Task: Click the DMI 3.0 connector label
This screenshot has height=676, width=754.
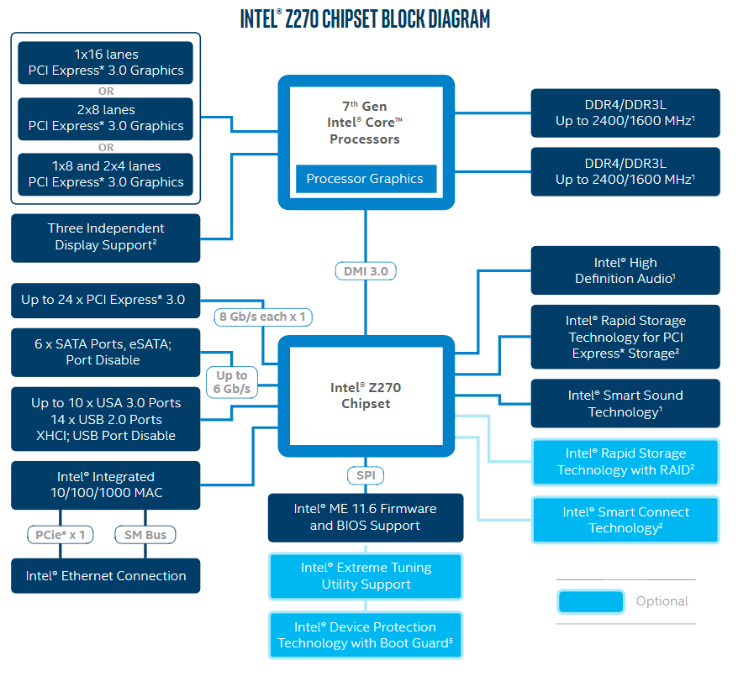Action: point(366,271)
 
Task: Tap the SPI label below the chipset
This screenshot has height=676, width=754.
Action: point(365,476)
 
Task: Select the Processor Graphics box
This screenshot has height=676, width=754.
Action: point(365,179)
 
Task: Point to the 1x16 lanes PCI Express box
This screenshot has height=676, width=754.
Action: point(105,63)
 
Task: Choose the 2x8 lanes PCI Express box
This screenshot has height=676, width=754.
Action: point(105,118)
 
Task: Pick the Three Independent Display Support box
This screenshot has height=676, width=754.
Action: point(106,237)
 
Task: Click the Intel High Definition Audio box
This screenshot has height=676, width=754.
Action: point(625,270)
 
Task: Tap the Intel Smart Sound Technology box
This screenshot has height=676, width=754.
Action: point(625,403)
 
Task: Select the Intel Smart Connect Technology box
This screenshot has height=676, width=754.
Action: point(625,520)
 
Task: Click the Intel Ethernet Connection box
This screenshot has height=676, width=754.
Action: point(106,576)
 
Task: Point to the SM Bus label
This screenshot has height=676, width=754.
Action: point(145,535)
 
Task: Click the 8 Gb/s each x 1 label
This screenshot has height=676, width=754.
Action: point(261,317)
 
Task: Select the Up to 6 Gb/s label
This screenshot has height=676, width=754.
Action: point(232,382)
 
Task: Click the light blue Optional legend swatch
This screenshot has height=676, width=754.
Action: point(590,601)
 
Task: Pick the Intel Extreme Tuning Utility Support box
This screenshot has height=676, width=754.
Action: point(366,576)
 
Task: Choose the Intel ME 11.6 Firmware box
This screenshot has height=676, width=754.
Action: point(366,517)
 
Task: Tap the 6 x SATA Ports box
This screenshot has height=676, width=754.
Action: point(106,352)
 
